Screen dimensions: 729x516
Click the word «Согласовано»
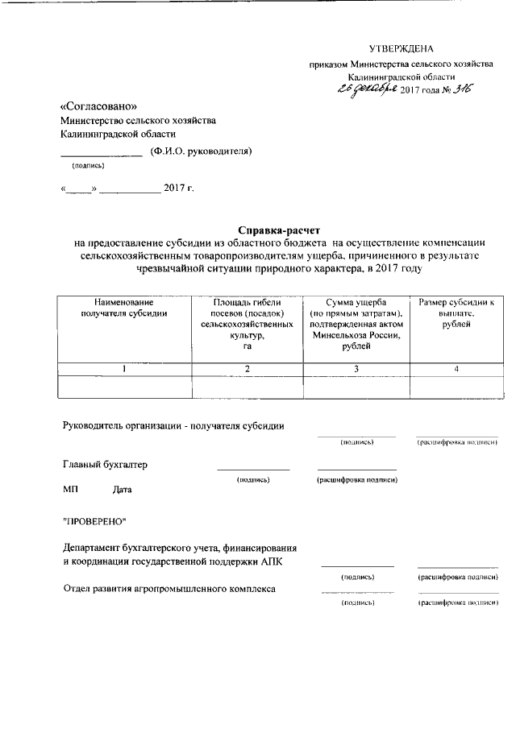pyautogui.click(x=98, y=106)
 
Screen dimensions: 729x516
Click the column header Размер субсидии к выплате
pyautogui.click(x=456, y=313)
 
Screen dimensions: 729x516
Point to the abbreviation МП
pyautogui.click(x=70, y=489)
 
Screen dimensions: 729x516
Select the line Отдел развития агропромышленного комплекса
pyautogui.click(x=169, y=589)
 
